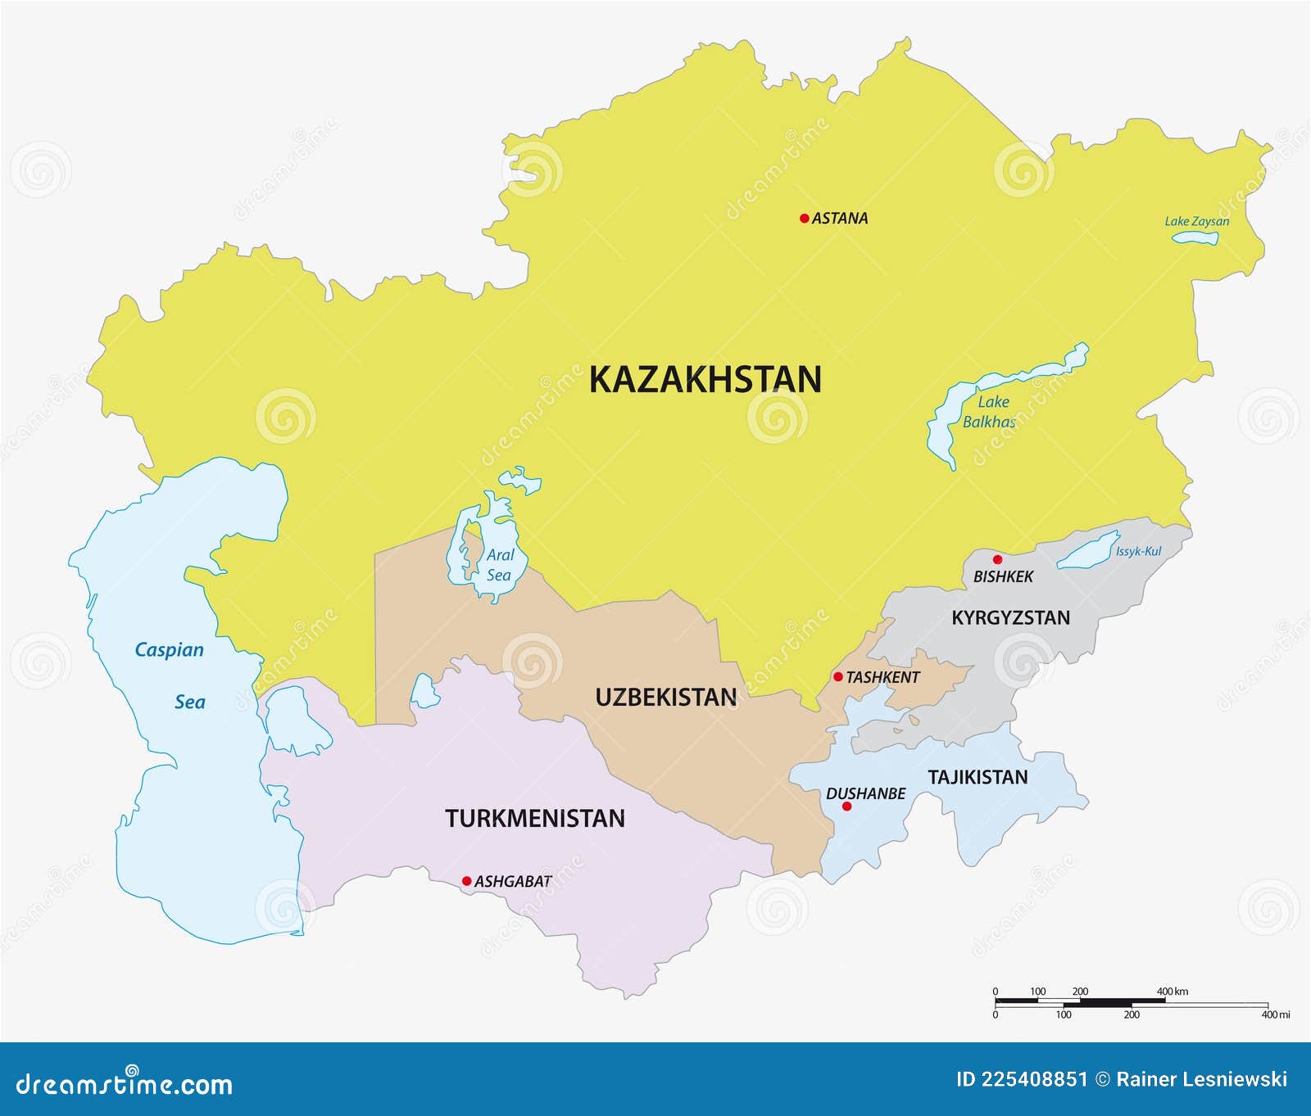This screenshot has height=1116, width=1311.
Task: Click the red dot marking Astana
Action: point(805,218)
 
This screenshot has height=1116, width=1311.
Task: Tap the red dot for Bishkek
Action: point(997,560)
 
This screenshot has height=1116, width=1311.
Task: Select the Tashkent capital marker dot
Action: point(838,677)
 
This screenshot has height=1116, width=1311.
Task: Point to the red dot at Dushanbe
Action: point(847,807)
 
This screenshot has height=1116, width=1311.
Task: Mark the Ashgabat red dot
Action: point(467,881)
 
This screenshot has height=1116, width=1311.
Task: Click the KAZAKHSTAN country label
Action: point(705,380)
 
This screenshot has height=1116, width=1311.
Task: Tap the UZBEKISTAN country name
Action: point(665,698)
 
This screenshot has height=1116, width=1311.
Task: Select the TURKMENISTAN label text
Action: point(535,818)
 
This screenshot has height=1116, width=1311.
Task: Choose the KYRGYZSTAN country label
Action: point(1010,618)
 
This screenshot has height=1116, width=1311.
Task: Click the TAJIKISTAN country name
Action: point(978,777)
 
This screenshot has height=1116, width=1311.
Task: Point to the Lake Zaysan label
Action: point(1196,221)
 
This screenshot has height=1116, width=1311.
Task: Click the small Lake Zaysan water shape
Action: point(1195,238)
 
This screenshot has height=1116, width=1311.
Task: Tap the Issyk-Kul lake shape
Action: point(1088,549)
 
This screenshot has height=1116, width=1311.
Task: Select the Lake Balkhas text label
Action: point(990,412)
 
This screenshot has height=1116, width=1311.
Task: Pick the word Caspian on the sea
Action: point(169,650)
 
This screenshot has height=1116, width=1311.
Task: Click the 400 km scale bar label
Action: point(1172,992)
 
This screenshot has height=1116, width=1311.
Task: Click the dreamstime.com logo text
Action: point(125,1084)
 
